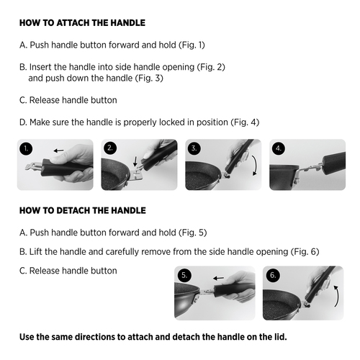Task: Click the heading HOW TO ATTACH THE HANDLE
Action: pyautogui.click(x=82, y=23)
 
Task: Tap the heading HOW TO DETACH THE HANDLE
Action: pyautogui.click(x=83, y=210)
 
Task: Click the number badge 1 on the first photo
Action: pyautogui.click(x=26, y=148)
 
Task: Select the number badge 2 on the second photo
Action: pyautogui.click(x=110, y=148)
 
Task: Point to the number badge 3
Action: pyautogui.click(x=194, y=148)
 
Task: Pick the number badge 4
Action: pyautogui.click(x=279, y=148)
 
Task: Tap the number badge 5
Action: pyautogui.click(x=184, y=275)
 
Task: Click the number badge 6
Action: pyautogui.click(x=273, y=275)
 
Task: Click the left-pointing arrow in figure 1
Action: pyautogui.click(x=59, y=150)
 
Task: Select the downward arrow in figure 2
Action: pyautogui.click(x=135, y=161)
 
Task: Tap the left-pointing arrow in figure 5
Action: pyautogui.click(x=218, y=278)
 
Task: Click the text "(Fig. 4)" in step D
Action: pyautogui.click(x=245, y=122)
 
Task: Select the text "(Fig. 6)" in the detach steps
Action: pyautogui.click(x=305, y=252)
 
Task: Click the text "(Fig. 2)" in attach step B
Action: pyautogui.click(x=211, y=67)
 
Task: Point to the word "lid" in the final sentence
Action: pyautogui.click(x=281, y=337)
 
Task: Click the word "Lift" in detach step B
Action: pyautogui.click(x=36, y=252)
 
